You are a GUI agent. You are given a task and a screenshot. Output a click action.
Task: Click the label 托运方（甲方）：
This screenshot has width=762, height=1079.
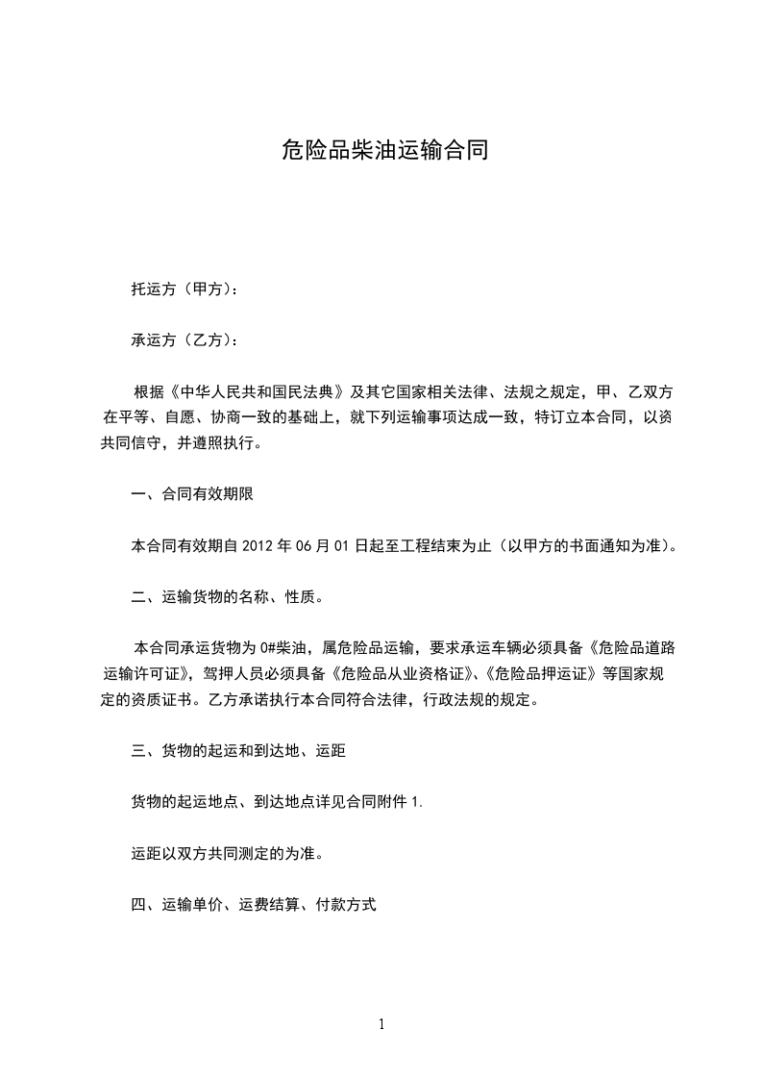pyautogui.click(x=184, y=288)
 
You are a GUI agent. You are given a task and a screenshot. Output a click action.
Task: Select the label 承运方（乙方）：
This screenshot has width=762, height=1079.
pyautogui.click(x=184, y=339)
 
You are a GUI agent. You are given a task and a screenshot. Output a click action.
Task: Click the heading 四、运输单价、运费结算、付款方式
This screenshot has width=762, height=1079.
pyautogui.click(x=253, y=904)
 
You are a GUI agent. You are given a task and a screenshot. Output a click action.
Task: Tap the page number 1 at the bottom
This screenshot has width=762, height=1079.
pyautogui.click(x=381, y=1024)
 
